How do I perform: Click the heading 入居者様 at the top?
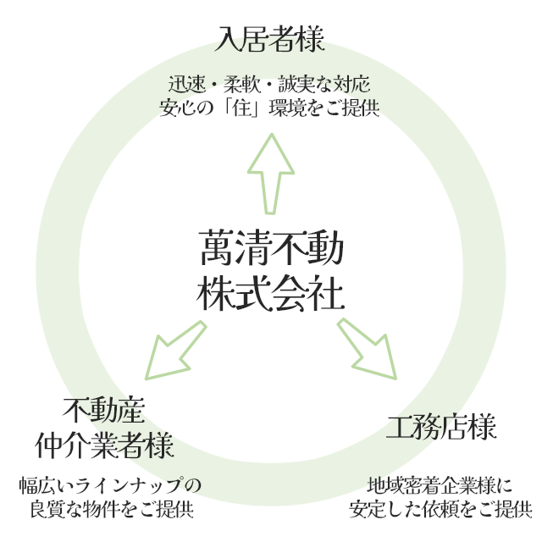(271, 39)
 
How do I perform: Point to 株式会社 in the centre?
(271, 294)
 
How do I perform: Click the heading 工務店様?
(440, 428)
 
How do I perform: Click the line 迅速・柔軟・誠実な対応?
(271, 86)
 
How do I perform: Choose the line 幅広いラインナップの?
(111, 486)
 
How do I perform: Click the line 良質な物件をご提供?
(111, 509)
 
